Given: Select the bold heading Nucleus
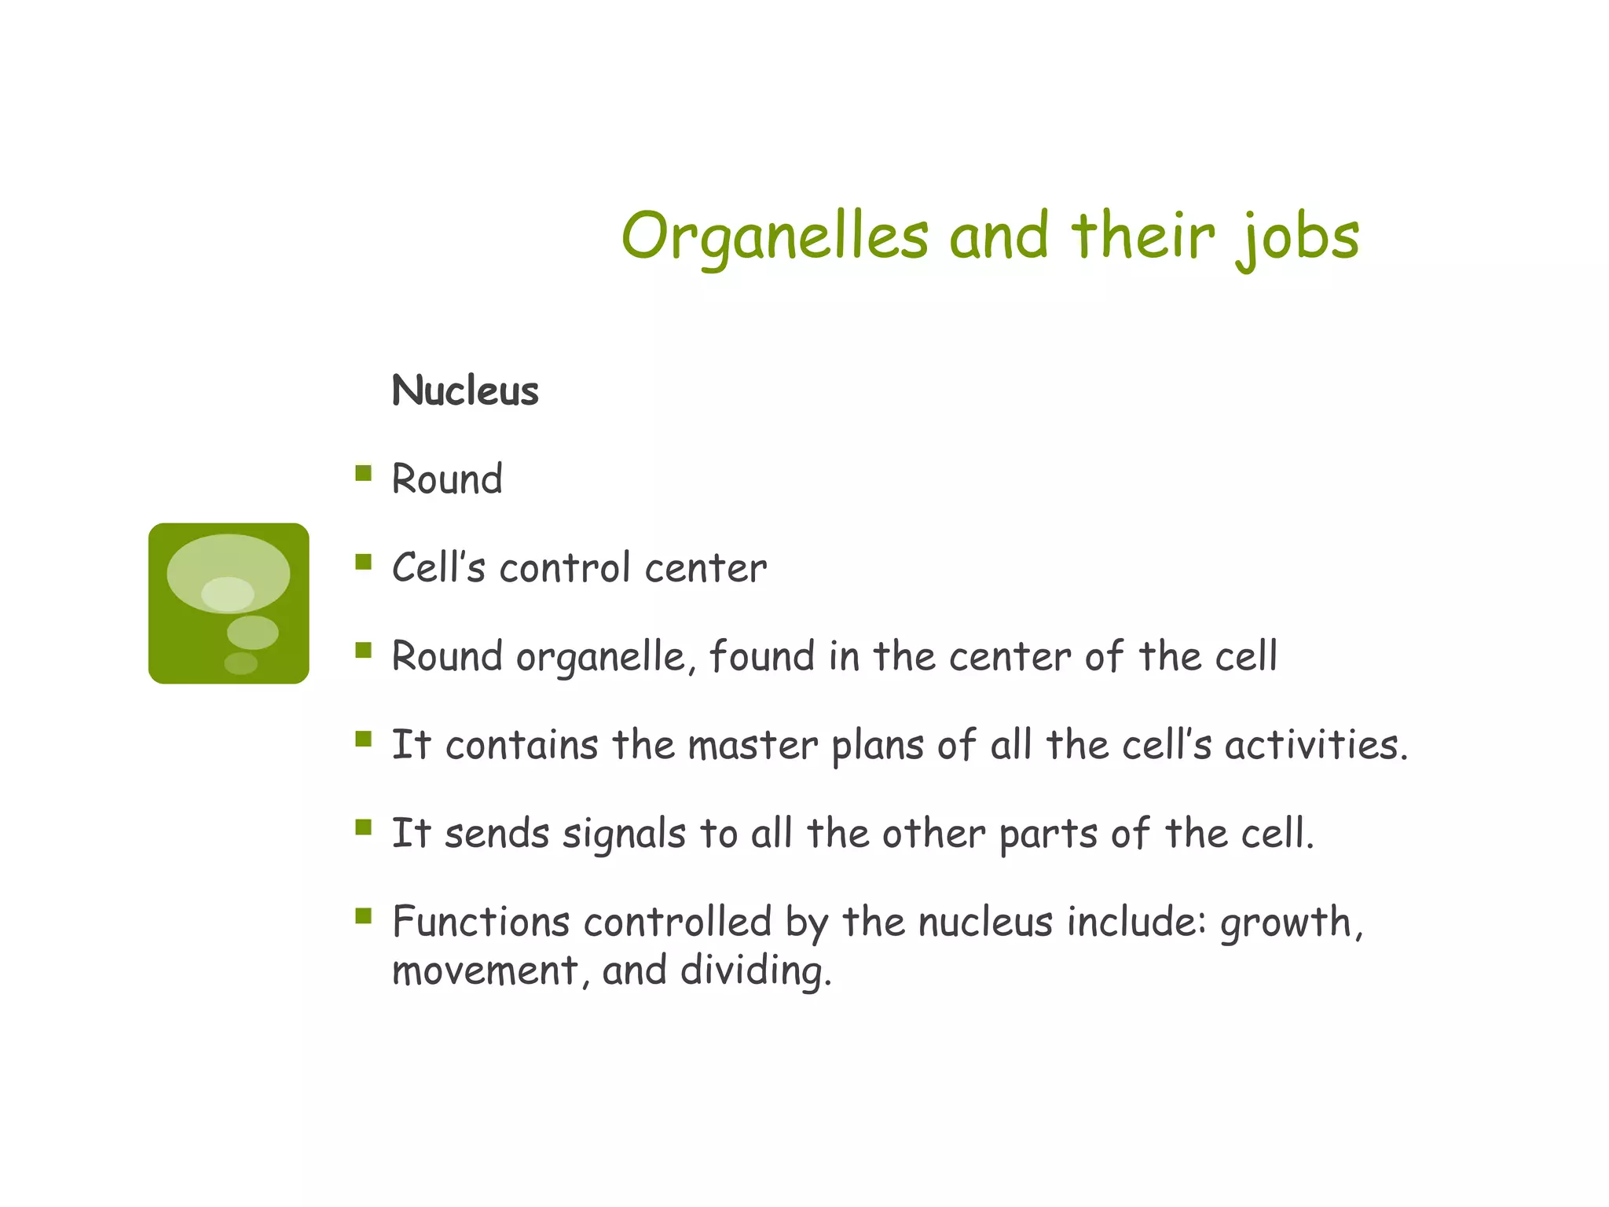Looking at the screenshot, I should [465, 391].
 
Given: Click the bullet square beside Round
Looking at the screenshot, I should [363, 473].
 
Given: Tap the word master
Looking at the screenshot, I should [752, 745].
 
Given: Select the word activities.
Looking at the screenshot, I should [1315, 745].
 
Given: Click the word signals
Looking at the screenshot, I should [624, 834].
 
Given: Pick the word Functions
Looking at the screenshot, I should [480, 922].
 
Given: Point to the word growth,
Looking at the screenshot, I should [1292, 923].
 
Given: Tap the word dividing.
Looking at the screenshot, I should [755, 971].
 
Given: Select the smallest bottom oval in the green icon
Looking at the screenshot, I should [240, 663].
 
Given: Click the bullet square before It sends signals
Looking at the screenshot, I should [363, 827].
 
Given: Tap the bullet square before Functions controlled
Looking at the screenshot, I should [363, 916].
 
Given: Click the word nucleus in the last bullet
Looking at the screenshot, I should [984, 922].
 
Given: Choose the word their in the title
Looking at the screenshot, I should [1142, 236].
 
